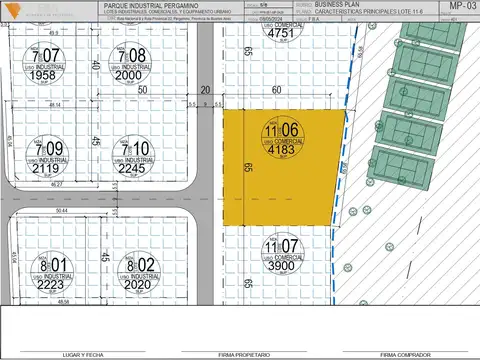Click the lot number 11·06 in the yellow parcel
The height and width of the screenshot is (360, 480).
282,130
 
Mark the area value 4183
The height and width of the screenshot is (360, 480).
282,153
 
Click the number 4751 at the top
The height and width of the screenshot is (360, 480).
281,32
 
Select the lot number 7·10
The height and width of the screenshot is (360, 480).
132,149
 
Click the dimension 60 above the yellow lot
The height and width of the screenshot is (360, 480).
276,89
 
